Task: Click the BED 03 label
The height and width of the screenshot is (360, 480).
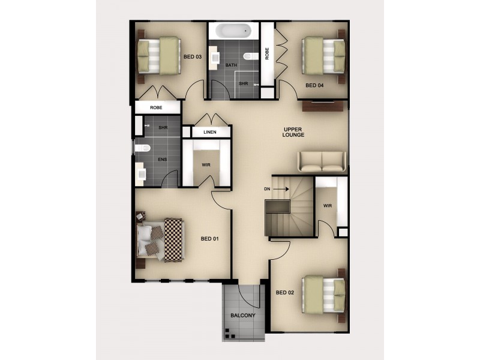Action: (192, 57)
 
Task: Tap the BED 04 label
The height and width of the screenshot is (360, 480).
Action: (314, 86)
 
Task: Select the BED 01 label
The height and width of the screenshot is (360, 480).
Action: (209, 239)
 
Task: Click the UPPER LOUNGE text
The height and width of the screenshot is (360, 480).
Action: (294, 132)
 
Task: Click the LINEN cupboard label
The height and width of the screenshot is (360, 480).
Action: (209, 132)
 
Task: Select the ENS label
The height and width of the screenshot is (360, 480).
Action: (162, 160)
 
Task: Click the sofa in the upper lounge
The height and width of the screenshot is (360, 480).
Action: (322, 161)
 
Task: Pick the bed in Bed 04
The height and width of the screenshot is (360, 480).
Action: (324, 55)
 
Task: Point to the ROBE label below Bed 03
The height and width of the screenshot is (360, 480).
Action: (156, 107)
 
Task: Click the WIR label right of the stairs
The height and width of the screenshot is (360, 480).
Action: (328, 206)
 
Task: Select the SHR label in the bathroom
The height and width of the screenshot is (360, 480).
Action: (243, 84)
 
